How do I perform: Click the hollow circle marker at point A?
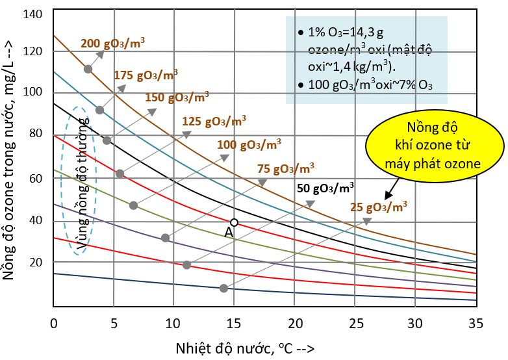coord(235,222)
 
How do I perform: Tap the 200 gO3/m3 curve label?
coord(112,44)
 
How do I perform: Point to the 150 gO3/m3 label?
coord(177,98)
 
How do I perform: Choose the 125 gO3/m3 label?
coord(214,121)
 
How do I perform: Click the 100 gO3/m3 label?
coord(250,144)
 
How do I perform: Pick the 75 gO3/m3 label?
coord(286,168)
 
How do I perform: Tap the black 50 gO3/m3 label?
coord(325,189)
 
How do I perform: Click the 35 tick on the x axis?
coord(476,323)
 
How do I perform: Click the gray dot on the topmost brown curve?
coord(88,69)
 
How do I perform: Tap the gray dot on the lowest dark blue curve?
coord(223,288)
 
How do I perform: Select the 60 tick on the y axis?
coord(36,177)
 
